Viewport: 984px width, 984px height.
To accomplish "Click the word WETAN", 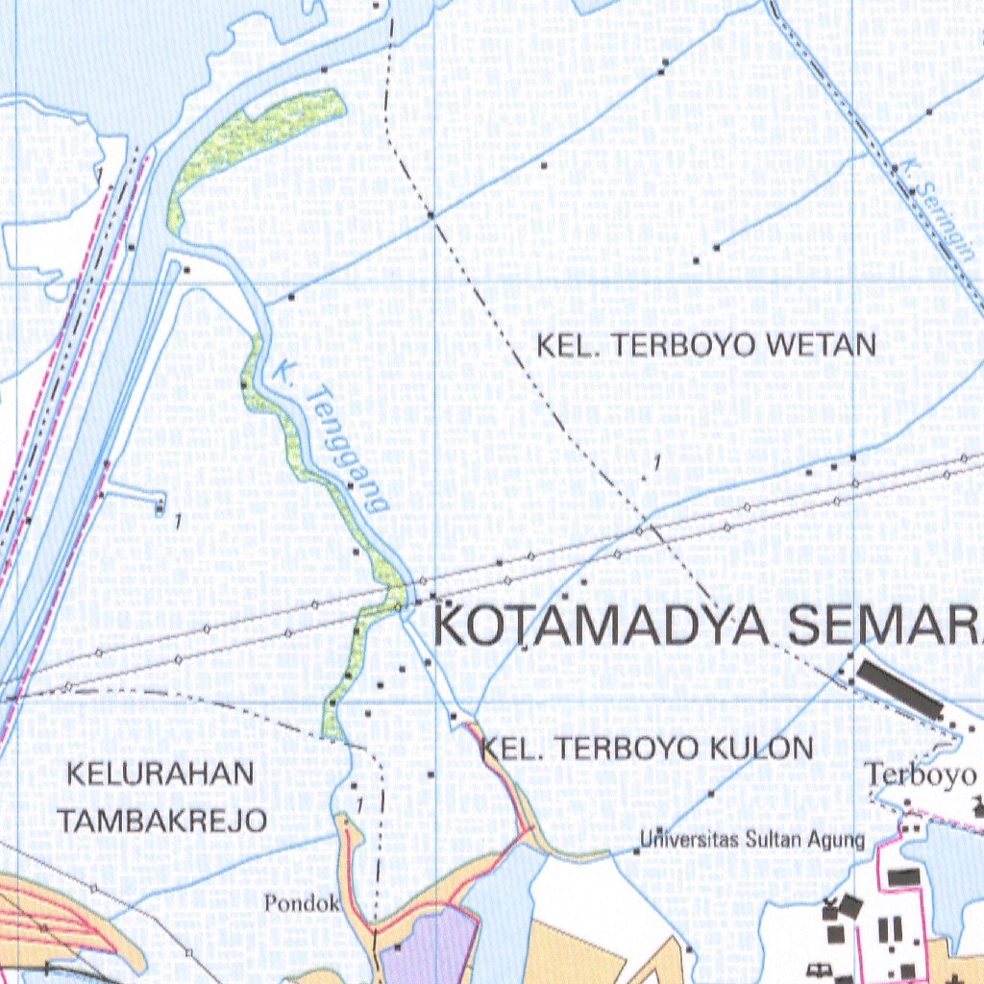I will tap(832, 345).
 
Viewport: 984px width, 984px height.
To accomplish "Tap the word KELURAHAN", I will tap(160, 774).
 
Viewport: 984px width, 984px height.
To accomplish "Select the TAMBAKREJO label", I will tap(162, 820).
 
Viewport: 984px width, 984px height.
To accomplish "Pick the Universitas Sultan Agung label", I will tap(753, 840).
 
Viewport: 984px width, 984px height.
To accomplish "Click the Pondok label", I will tap(303, 903).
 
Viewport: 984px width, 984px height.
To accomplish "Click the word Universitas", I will tap(691, 840).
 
